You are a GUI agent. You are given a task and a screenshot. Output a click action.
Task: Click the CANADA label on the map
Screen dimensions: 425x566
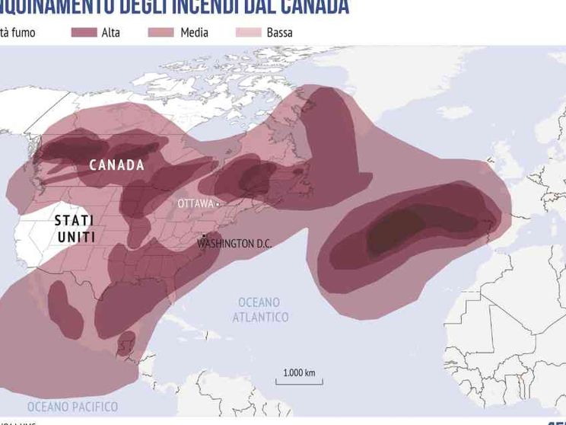[x=116, y=165]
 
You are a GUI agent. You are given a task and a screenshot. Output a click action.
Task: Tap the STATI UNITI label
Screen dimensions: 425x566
[x=75, y=228]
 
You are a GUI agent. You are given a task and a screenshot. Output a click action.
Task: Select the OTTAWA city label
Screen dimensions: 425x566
[x=196, y=204]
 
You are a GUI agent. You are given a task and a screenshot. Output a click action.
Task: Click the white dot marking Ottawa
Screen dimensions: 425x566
[x=217, y=204]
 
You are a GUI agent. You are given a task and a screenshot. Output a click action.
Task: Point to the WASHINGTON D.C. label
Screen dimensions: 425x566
[x=234, y=244]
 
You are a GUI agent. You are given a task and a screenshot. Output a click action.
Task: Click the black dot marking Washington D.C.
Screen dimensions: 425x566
[x=204, y=235]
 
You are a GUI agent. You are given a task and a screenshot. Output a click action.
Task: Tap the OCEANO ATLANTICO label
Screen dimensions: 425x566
[x=260, y=309]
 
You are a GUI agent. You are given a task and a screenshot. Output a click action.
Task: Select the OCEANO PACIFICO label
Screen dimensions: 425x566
[x=72, y=406]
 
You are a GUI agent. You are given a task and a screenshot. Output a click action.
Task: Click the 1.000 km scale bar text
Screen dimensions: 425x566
[x=298, y=372]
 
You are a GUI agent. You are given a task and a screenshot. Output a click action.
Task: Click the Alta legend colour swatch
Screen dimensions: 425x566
[x=84, y=33]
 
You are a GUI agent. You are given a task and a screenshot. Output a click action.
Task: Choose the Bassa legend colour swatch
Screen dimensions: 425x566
[x=248, y=33]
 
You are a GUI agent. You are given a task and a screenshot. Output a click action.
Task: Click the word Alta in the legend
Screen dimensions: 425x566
[x=110, y=33]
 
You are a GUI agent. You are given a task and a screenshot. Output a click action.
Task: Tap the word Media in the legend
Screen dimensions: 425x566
[x=194, y=33]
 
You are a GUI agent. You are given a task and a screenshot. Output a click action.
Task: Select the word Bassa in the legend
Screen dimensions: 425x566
[x=279, y=33]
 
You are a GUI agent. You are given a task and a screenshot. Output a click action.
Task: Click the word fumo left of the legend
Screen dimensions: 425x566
[x=23, y=33]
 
